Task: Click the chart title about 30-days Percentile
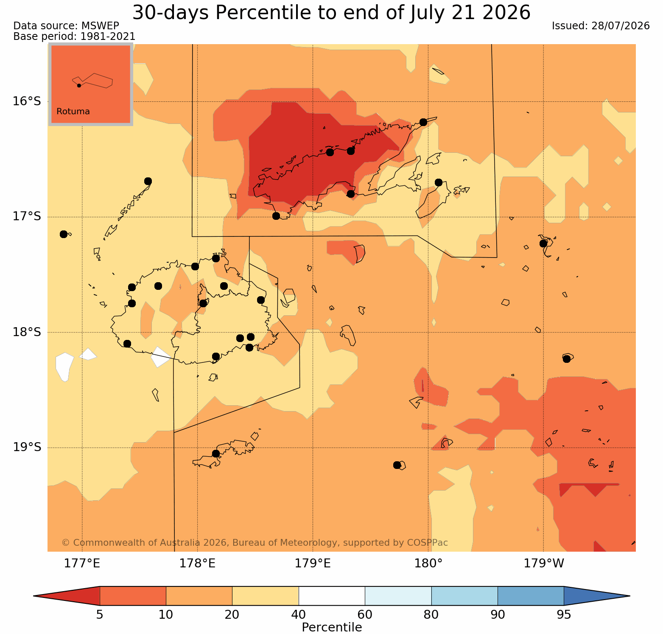point(331,12)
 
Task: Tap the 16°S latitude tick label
point(26,101)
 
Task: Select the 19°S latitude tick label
point(26,447)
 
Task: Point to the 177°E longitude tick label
point(82,564)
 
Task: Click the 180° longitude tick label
point(428,564)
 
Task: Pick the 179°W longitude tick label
point(544,564)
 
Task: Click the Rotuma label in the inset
point(73,112)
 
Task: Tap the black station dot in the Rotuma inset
point(79,85)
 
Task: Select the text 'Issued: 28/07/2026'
point(601,26)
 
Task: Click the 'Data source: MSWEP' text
point(66,26)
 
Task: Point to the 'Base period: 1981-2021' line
point(75,36)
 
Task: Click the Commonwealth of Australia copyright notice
point(255,543)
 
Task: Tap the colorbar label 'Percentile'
point(332,627)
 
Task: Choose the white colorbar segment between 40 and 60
point(332,596)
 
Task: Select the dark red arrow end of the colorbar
point(67,596)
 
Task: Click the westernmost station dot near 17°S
point(64,234)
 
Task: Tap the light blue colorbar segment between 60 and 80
point(398,596)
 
